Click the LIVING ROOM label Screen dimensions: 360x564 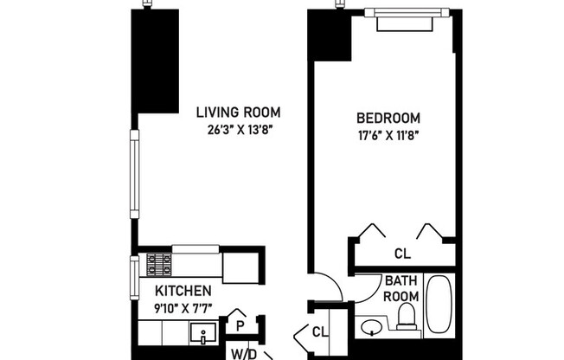[238, 112]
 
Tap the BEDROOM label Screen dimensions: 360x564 [388, 119]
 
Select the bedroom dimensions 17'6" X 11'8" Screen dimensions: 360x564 [388, 135]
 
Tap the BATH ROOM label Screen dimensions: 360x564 [401, 288]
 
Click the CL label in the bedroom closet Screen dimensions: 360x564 [402, 254]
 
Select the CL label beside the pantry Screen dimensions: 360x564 [320, 331]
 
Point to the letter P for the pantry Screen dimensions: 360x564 [240, 325]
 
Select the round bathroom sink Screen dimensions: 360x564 [373, 328]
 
